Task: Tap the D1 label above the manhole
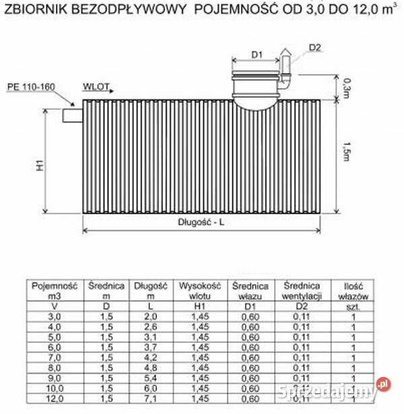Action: point(256,54)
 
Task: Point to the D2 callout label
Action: point(316,47)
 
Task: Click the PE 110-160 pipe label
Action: point(30,88)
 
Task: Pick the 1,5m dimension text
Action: point(346,153)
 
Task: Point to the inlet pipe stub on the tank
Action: point(71,115)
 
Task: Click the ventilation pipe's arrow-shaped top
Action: point(285,51)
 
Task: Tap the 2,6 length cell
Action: point(150,326)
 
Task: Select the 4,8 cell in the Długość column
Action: point(150,368)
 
